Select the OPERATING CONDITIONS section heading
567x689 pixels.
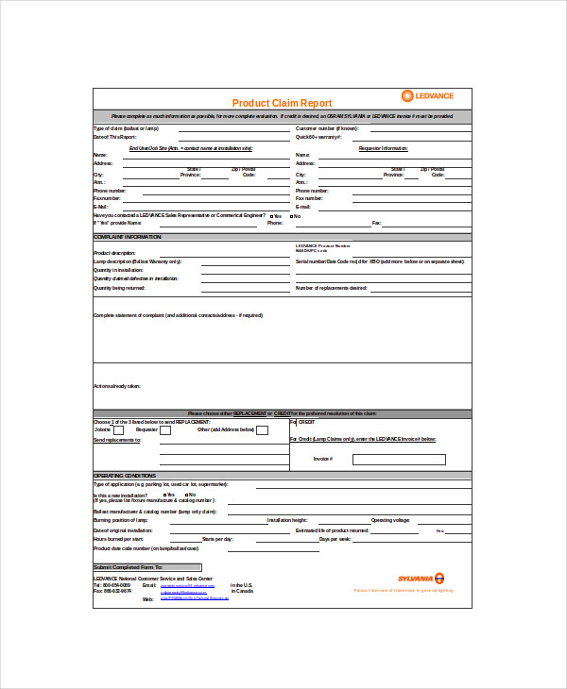[x=126, y=475]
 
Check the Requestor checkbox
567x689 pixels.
[x=165, y=429]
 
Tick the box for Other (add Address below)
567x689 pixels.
[x=263, y=429]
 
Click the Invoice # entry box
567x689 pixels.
[x=398, y=459]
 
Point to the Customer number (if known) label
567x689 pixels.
[x=327, y=128]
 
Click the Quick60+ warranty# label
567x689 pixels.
[x=318, y=137]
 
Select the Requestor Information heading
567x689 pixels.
[x=383, y=148]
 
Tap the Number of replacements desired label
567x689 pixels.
[x=331, y=288]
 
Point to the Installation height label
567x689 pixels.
[x=287, y=520]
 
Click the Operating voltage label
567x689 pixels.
[x=390, y=520]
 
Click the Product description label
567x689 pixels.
[x=114, y=253]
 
